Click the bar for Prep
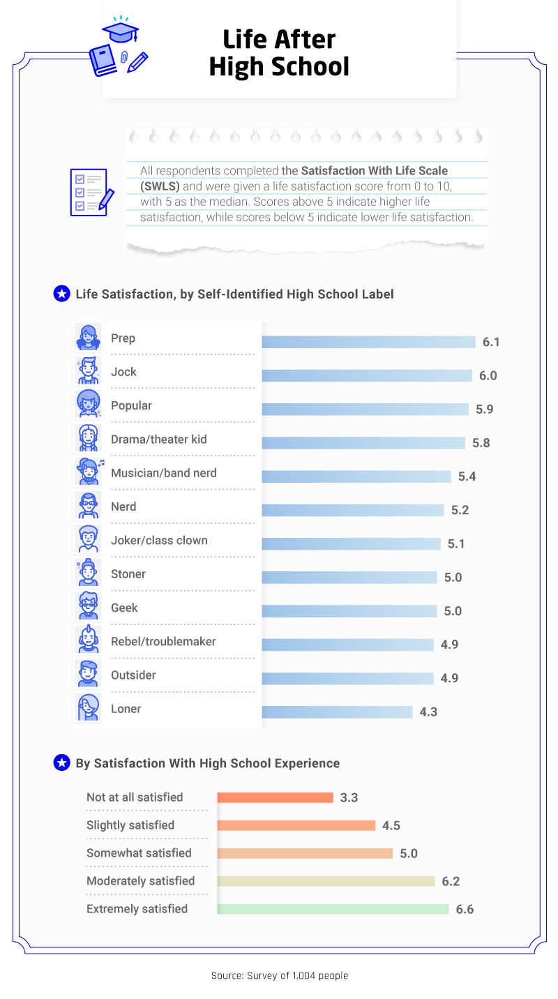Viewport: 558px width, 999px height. coord(368,342)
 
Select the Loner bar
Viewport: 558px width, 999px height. coord(337,712)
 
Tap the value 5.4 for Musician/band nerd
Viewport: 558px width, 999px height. coord(467,476)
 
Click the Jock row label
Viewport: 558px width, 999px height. coord(123,372)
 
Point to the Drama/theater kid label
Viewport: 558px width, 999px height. coord(158,440)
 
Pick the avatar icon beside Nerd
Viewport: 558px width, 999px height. coord(89,504)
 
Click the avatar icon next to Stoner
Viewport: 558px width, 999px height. coord(89,572)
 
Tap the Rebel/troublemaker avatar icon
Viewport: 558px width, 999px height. coord(89,640)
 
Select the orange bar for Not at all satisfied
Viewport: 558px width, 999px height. coord(275,797)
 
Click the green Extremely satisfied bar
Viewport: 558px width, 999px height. coord(333,909)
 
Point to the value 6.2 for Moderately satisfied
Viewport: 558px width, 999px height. coord(451,881)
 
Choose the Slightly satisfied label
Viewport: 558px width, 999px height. coord(130,825)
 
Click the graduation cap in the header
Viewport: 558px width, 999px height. coord(121,31)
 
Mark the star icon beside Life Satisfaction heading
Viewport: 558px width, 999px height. coord(61,294)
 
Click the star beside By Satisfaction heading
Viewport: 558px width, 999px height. coord(61,763)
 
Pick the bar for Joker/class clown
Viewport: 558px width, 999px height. coord(351,543)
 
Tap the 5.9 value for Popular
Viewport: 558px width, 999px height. coord(485,410)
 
